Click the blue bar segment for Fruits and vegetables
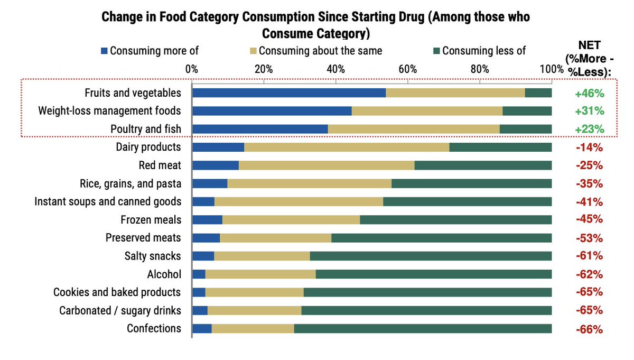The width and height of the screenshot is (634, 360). coord(288,93)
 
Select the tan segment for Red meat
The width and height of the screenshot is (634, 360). coord(327,165)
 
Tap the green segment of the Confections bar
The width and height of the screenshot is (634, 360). coord(423,328)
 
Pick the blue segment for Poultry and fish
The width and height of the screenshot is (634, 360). coord(260,129)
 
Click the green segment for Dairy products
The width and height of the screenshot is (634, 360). coord(500,147)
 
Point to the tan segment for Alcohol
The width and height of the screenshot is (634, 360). coord(260,274)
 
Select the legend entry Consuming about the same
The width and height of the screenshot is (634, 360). coord(315,51)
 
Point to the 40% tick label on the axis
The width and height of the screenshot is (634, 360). coord(335,69)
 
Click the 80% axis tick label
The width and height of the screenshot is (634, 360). coord(480,69)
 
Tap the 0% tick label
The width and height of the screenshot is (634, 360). coord(191,69)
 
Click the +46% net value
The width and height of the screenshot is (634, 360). coord(589,94)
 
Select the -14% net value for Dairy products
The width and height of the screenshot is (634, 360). coord(589,147)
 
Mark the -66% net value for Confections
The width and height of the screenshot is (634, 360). coord(589,329)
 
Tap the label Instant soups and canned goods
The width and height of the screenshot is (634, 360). coord(108,201)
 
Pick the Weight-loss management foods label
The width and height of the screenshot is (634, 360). coord(109,111)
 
